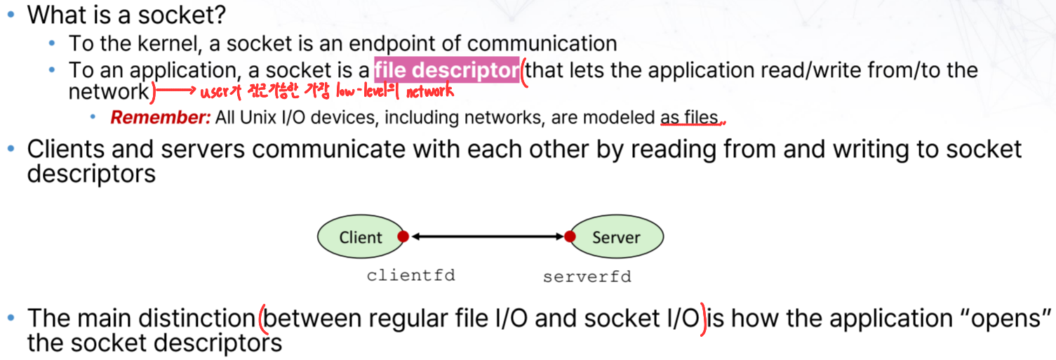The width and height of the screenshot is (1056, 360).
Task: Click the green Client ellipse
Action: pyautogui.click(x=360, y=237)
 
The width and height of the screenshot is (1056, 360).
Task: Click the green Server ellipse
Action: pyautogui.click(x=615, y=237)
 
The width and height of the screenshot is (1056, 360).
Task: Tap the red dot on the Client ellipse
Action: pyautogui.click(x=403, y=236)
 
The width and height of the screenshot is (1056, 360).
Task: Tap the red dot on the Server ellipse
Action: pyautogui.click(x=570, y=236)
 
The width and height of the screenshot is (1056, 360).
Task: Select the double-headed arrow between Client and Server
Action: pyautogui.click(x=486, y=237)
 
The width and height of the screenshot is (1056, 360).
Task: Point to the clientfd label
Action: pyautogui.click(x=410, y=275)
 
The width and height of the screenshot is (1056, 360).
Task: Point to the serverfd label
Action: pyautogui.click(x=587, y=276)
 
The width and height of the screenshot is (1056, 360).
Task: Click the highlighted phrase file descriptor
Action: pyautogui.click(x=447, y=71)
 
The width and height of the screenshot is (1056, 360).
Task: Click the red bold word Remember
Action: pyautogui.click(x=161, y=117)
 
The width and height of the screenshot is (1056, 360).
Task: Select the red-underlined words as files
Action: pyautogui.click(x=690, y=118)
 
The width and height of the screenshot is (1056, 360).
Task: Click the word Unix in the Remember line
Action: pyautogui.click(x=258, y=117)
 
